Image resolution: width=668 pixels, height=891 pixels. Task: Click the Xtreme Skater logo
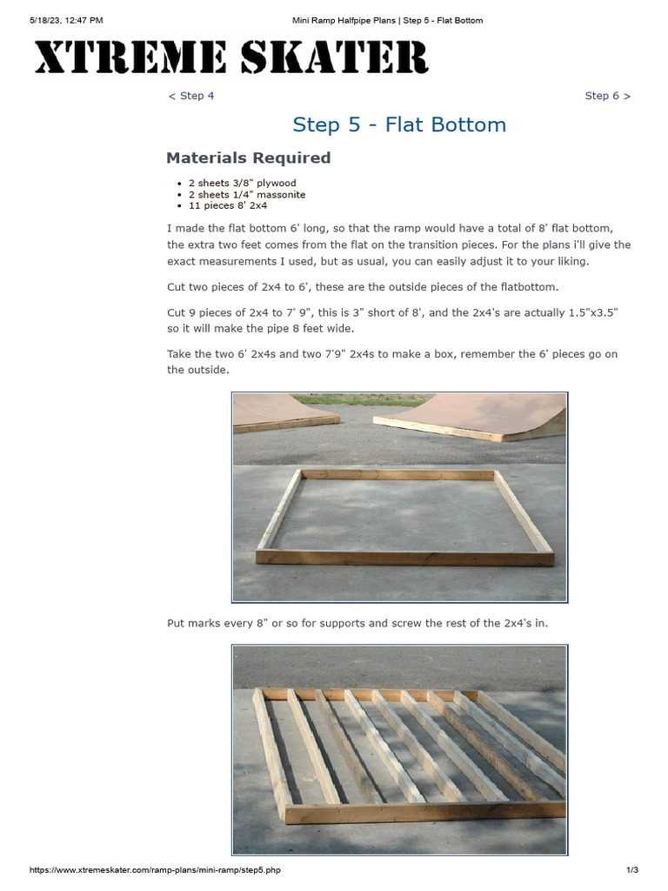coord(230,58)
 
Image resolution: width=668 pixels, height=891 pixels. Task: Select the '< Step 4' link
coord(190,96)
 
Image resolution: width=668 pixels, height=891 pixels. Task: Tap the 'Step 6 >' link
coord(607,96)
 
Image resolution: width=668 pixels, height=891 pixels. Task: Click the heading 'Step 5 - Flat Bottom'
coord(399,124)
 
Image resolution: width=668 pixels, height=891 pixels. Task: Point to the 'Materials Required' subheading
coord(248,157)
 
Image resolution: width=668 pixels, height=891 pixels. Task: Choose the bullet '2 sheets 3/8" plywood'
coord(242,183)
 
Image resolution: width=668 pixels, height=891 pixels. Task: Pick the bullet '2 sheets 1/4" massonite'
coord(246,194)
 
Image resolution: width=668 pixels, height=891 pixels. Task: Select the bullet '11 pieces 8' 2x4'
coord(227,205)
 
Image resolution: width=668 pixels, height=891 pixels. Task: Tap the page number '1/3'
coord(632,870)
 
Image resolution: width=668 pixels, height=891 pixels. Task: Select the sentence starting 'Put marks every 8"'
coord(357,623)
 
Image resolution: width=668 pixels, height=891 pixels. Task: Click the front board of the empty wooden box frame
coord(405,558)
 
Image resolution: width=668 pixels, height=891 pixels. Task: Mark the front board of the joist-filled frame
coord(417,814)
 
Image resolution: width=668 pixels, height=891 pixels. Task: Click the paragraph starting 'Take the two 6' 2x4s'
coord(392,361)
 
